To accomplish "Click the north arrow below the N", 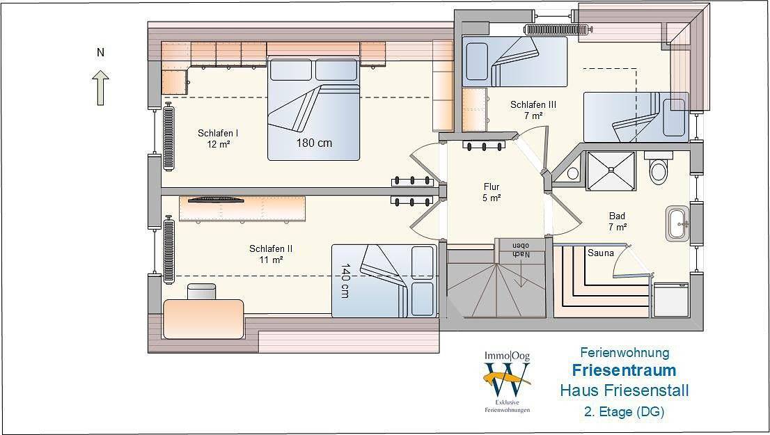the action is coord(101,88).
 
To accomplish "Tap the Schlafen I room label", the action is coord(218,139).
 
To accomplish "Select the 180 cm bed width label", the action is coord(314,143).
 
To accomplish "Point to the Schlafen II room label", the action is coord(271,254).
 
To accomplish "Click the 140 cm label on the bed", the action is coord(345,280).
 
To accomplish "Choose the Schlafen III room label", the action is coord(533,110).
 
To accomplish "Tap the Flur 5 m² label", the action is coord(492,192).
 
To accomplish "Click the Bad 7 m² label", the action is coord(618,221).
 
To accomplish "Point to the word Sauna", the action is coord(601,253).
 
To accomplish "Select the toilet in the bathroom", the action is coord(658,167).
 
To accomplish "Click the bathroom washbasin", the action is coord(678,224).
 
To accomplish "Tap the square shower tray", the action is coord(611,171).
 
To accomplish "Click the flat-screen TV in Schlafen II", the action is coord(217,199).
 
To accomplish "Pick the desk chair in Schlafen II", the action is coord(201,292).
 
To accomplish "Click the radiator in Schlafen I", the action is coord(168,137).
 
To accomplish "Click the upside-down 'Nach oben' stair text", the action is coord(521,250).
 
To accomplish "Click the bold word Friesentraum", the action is coord(624,370).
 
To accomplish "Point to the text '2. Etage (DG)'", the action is coord(624,411).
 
